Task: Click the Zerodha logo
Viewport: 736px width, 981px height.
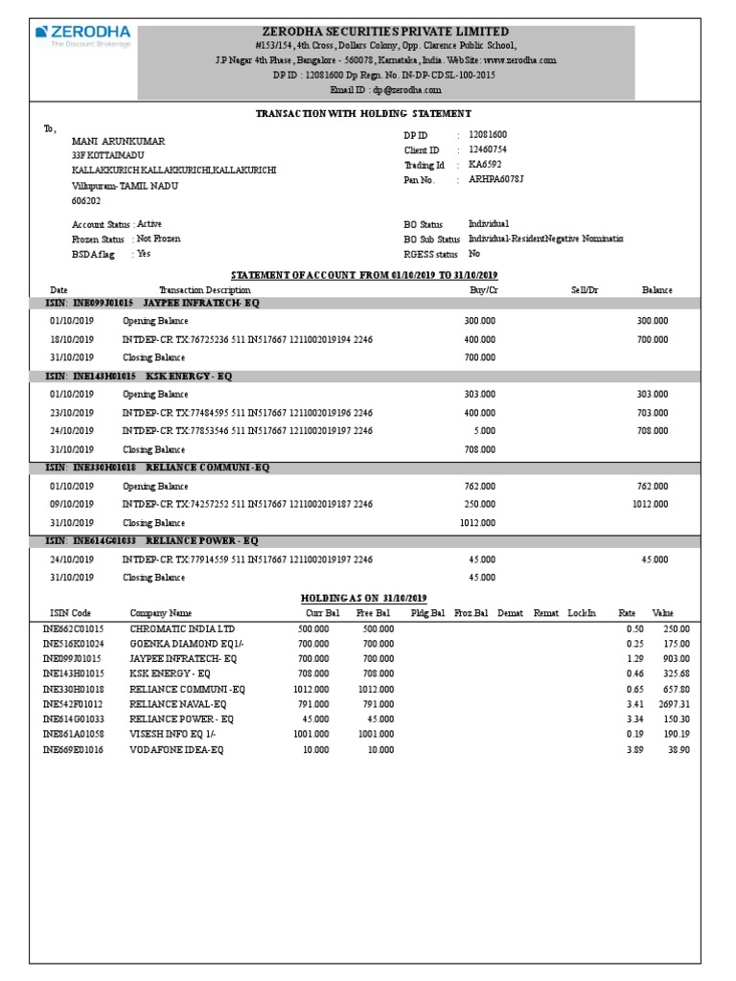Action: tap(82, 35)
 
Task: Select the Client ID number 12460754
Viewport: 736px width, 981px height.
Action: tap(488, 150)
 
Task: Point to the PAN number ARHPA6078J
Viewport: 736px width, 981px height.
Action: tap(495, 179)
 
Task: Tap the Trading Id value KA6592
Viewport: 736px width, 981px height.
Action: tap(484, 165)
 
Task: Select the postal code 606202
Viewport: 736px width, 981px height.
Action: tap(85, 201)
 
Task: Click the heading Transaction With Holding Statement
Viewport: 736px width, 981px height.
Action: tap(363, 113)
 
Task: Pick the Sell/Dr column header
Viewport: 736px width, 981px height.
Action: tap(584, 289)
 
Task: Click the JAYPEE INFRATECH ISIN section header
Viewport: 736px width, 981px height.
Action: tap(153, 303)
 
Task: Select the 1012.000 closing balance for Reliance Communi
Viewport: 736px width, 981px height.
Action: tap(478, 523)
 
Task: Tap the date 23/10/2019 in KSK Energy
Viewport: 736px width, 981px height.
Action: tap(72, 413)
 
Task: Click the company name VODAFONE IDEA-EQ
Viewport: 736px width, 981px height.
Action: tap(176, 750)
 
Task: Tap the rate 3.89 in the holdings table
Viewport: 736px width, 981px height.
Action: tap(633, 750)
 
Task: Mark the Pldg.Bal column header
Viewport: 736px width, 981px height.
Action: tap(427, 613)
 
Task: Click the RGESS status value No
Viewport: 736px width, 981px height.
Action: tap(474, 254)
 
